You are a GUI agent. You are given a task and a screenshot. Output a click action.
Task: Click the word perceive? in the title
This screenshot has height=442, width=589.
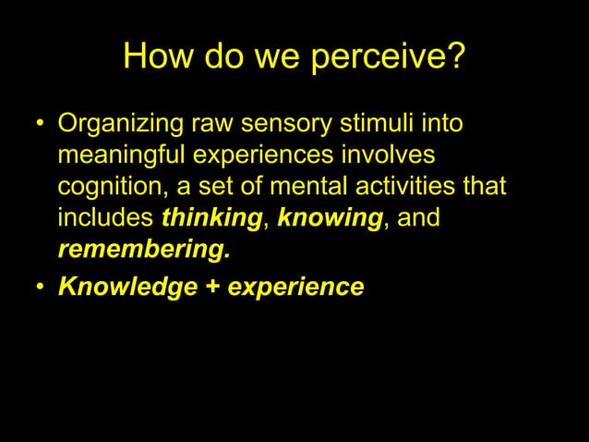388,59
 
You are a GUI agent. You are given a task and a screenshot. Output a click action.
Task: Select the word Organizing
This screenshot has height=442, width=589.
121,123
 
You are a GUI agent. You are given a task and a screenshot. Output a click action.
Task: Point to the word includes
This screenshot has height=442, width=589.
106,218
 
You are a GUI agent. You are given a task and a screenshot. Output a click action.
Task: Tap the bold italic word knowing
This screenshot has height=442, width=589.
330,219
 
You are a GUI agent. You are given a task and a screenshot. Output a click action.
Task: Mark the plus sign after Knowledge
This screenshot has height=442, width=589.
212,287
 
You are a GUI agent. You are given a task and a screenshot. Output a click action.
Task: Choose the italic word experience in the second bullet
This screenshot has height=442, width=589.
296,288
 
